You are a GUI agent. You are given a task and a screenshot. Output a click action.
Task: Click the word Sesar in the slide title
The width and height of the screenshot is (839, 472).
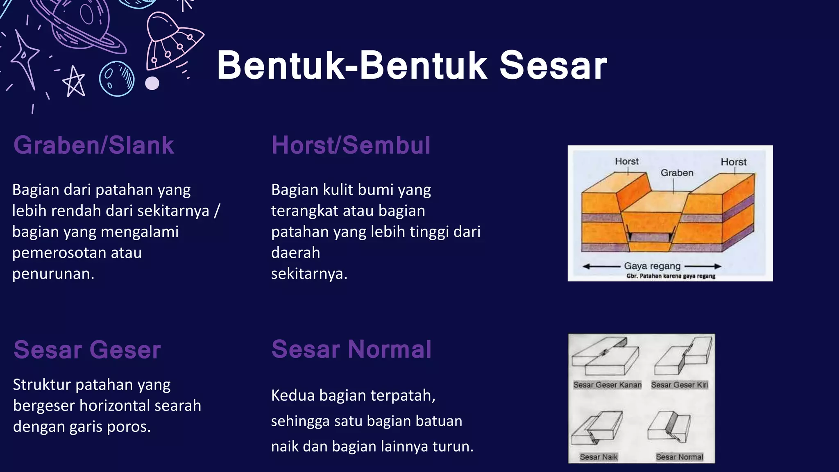coord(553,66)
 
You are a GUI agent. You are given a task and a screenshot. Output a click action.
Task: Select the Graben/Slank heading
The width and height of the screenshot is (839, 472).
coord(94,145)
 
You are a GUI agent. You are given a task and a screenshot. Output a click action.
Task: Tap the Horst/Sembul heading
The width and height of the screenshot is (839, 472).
coord(351,145)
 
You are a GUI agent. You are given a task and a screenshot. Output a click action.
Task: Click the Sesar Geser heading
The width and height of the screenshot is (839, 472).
coord(87,350)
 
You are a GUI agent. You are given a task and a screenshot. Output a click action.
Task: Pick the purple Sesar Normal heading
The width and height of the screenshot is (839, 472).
coord(351,349)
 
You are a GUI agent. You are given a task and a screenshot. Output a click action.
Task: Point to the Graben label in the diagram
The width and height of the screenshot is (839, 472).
coord(677,173)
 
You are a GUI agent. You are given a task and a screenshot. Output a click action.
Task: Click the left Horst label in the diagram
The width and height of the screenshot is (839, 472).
coord(626,161)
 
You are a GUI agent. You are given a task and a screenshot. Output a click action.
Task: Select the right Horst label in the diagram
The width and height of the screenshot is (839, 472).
coord(733,162)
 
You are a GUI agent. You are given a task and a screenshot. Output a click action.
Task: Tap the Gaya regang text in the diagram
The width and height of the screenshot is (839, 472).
coord(652,266)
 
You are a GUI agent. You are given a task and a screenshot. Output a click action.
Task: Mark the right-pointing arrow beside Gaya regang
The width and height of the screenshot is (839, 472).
coord(703,266)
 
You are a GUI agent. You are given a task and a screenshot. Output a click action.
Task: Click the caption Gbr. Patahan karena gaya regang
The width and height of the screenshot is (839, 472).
coord(671,276)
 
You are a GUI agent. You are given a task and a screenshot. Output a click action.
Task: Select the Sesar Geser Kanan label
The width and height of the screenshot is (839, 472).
coord(607,385)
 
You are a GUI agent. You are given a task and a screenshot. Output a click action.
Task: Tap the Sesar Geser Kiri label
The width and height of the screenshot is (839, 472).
coord(679,385)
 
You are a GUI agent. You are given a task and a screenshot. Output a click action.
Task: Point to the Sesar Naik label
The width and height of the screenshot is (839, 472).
coord(599,457)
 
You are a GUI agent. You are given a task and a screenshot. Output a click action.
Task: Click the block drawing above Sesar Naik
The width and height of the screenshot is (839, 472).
coord(597,428)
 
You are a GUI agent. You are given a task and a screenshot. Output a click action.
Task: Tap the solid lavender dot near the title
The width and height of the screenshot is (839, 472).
coord(152,83)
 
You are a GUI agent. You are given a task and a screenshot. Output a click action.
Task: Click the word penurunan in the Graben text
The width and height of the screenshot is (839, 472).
coord(53,274)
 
